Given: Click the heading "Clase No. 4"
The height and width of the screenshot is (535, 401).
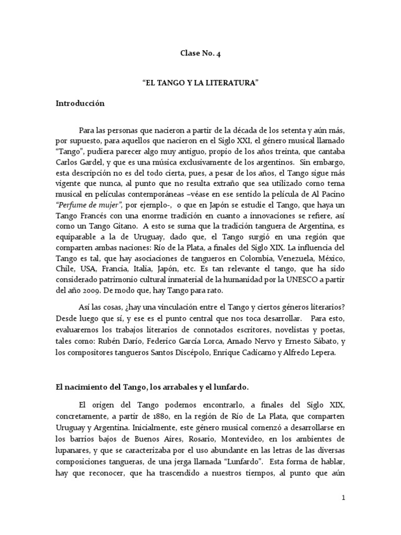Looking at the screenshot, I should (200, 53).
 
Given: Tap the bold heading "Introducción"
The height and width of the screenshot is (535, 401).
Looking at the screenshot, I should (80, 103).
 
